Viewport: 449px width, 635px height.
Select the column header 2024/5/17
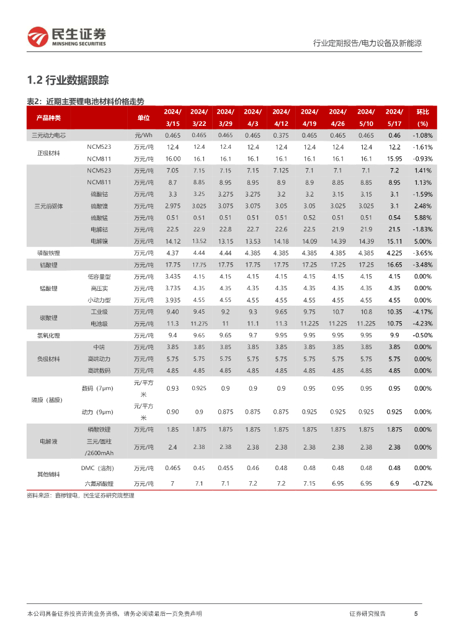pyautogui.click(x=394, y=117)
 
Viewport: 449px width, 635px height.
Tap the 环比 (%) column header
pyautogui.click(x=422, y=117)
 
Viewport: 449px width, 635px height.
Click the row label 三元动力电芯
pyautogui.click(x=49, y=135)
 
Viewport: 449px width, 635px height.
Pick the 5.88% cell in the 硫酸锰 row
pyautogui.click(x=422, y=218)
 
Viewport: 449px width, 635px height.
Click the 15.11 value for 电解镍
pyautogui.click(x=394, y=241)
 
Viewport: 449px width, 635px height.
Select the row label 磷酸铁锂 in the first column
pyautogui.click(x=49, y=253)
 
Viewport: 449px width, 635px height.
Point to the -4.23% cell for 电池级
pyautogui.click(x=422, y=324)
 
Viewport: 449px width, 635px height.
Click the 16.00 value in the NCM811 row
pyautogui.click(x=172, y=159)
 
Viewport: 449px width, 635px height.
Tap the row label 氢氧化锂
pyautogui.click(x=49, y=335)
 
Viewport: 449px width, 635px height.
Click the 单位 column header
pyautogui.click(x=143, y=117)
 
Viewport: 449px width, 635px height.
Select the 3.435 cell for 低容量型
pyautogui.click(x=172, y=277)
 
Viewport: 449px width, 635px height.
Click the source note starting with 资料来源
pyautogui.click(x=81, y=495)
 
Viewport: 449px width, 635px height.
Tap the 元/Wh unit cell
pyautogui.click(x=143, y=135)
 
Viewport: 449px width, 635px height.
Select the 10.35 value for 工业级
pyautogui.click(x=394, y=312)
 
